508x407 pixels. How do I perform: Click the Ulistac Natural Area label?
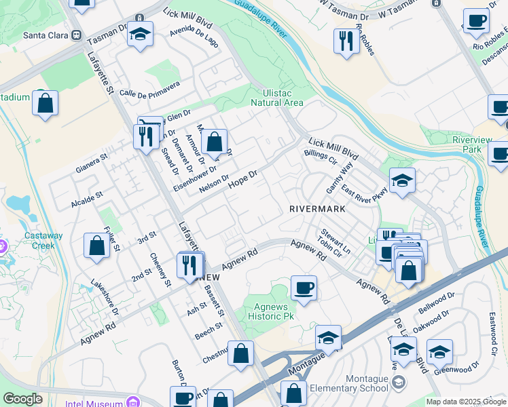276,98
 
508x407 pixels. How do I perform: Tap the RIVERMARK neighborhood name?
317,209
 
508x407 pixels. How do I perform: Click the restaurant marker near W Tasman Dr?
346,41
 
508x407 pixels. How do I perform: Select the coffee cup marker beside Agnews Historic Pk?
304,287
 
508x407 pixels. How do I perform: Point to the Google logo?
22,399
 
